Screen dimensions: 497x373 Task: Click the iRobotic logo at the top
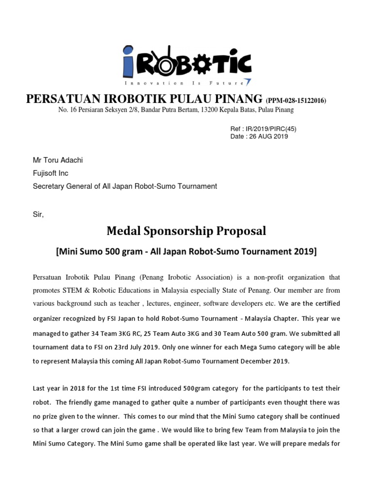186,62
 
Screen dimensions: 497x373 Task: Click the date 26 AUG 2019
269,136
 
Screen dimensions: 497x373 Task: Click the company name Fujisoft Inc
50,173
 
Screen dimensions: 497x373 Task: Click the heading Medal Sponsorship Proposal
186,231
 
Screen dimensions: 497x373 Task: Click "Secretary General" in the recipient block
60,186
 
